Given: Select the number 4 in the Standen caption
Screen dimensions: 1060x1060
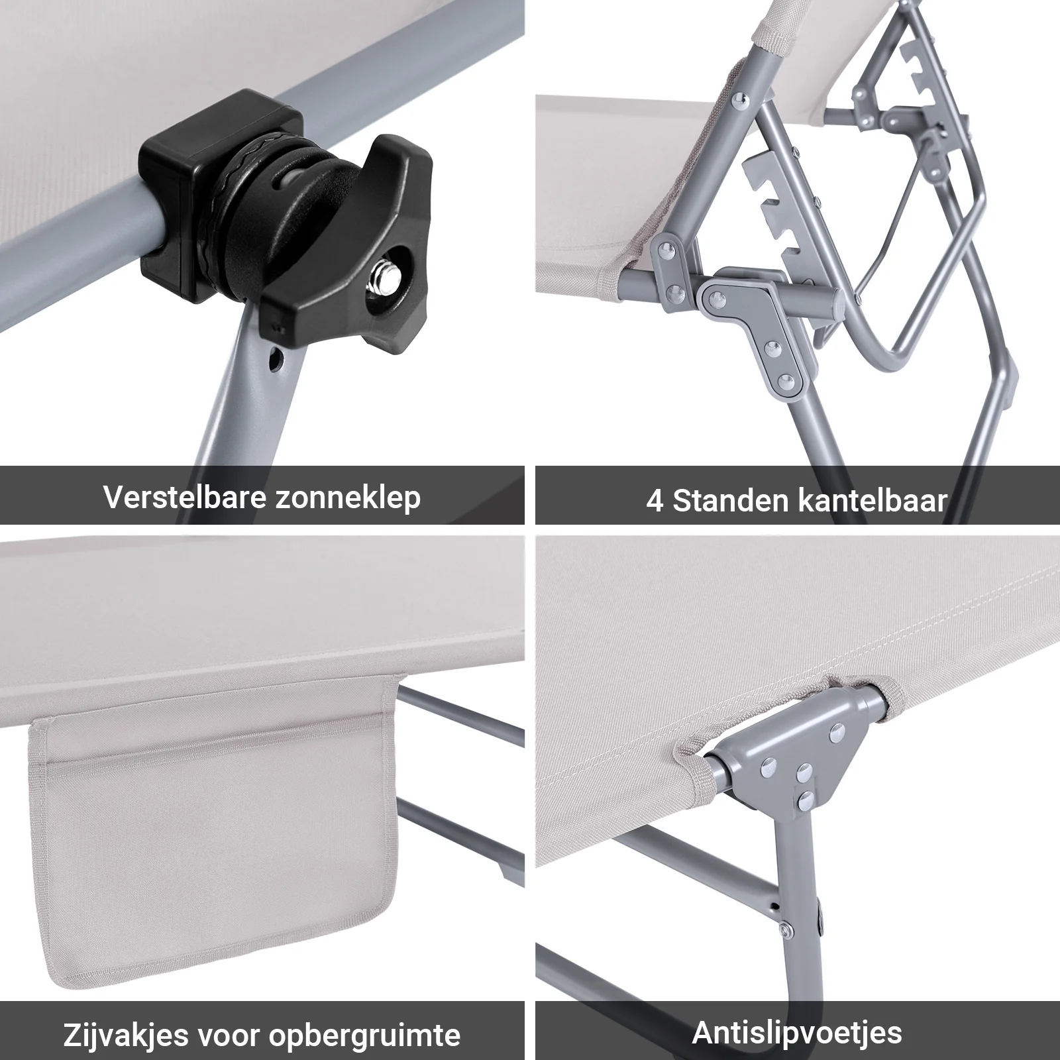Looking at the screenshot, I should (655, 502).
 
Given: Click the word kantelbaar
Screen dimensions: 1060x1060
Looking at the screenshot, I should (873, 500).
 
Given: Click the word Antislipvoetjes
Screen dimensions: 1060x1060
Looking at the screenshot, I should (797, 1032).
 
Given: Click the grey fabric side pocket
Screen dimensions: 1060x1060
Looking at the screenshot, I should (212, 848).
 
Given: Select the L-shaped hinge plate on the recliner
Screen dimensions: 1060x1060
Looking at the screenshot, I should (755, 318).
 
